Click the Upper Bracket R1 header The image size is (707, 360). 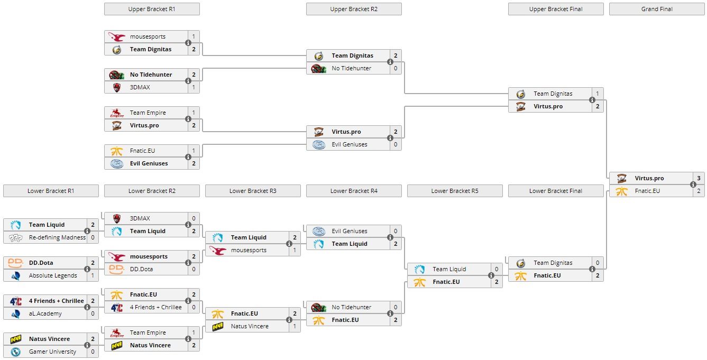pyautogui.click(x=152, y=9)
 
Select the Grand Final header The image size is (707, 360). pyautogui.click(x=657, y=9)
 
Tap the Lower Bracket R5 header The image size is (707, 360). pyautogui.click(x=455, y=191)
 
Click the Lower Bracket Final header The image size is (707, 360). pyautogui.click(x=556, y=191)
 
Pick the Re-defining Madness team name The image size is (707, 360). pyautogui.click(x=57, y=237)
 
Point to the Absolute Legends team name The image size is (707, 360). pyautogui.click(x=53, y=275)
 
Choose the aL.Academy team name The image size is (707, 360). pyautogui.click(x=45, y=313)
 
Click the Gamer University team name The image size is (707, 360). pyautogui.click(x=52, y=352)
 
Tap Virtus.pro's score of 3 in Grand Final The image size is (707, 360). pyautogui.click(x=699, y=178)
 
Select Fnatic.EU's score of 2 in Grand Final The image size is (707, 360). pyautogui.click(x=699, y=191)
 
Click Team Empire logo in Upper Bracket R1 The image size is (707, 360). pyautogui.click(x=116, y=113)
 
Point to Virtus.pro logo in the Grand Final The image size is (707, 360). pyautogui.click(x=621, y=178)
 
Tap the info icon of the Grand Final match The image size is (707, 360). pyautogui.click(x=693, y=184)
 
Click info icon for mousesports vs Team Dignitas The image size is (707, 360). pyautogui.click(x=188, y=43)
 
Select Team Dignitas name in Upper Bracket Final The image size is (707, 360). pyautogui.click(x=553, y=94)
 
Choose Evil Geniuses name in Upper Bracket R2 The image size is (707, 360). pyautogui.click(x=349, y=144)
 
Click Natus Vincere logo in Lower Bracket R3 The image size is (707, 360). pyautogui.click(x=217, y=326)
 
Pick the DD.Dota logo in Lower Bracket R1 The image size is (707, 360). pyautogui.click(x=15, y=263)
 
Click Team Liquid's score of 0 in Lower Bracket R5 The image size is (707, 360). pyautogui.click(x=497, y=269)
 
